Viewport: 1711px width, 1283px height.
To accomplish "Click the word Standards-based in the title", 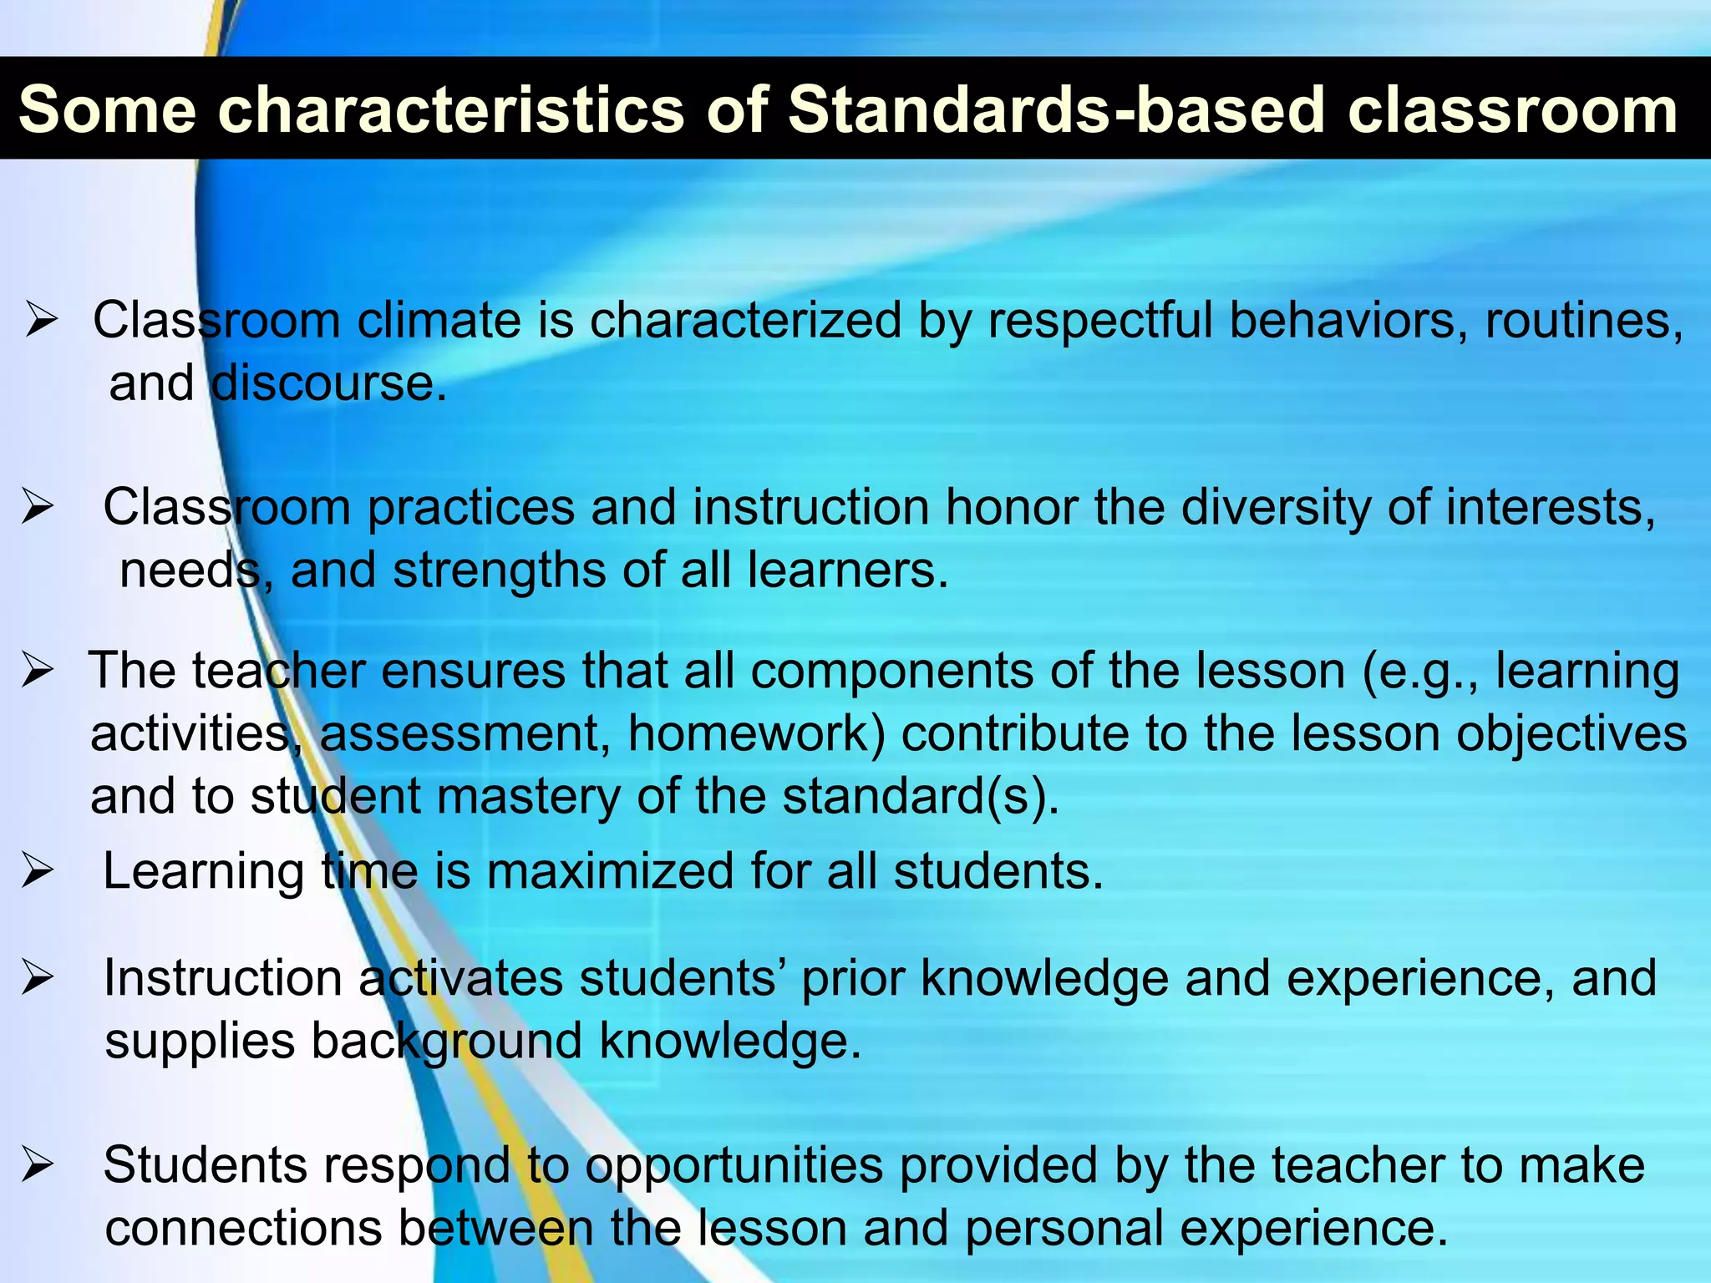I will coord(1056,110).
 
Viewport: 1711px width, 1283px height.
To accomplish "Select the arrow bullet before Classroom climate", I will coord(40,321).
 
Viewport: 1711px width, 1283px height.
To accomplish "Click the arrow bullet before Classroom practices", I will coord(38,507).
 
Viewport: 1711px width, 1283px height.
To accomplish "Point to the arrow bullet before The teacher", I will coord(38,670).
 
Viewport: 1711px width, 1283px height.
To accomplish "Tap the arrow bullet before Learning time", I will coord(38,871).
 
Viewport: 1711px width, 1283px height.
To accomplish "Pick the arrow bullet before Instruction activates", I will coord(38,978).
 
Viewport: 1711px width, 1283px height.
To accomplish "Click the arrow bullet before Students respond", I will coord(38,1165).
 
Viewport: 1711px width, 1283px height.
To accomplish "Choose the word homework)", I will coord(756,735).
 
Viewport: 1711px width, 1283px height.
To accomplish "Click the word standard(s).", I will coord(921,797).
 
